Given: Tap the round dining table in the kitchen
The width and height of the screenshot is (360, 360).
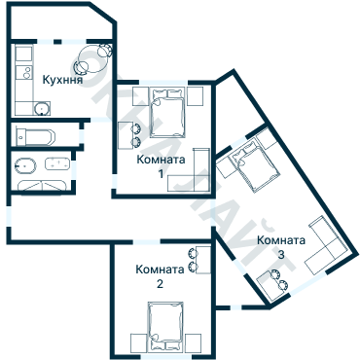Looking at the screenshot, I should coord(92,57).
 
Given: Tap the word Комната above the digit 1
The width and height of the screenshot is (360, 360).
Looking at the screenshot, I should coord(161,158).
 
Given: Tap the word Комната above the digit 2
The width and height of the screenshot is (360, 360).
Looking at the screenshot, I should coord(160,270).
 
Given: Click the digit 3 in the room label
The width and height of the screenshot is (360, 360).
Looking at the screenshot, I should coord(280,254).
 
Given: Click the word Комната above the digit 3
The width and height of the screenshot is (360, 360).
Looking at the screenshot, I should coord(281,240).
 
